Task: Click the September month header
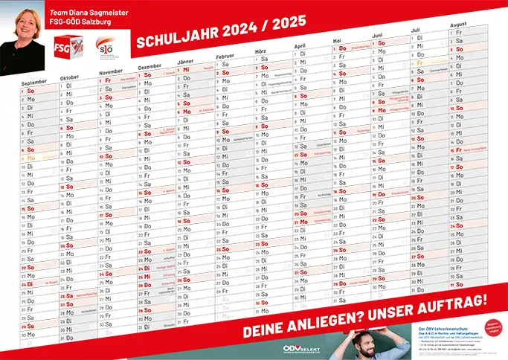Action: point(33,82)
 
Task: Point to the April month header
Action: point(301,45)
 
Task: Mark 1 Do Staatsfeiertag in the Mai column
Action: point(350,48)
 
